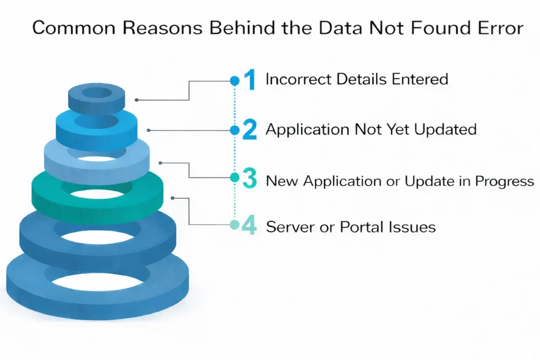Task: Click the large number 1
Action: (x=249, y=80)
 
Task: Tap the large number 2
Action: (x=249, y=130)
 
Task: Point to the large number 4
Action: (x=248, y=226)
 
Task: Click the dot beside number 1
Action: (x=235, y=81)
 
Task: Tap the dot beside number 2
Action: (x=235, y=130)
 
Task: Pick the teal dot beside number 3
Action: (x=235, y=178)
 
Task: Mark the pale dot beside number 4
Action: (x=235, y=225)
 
